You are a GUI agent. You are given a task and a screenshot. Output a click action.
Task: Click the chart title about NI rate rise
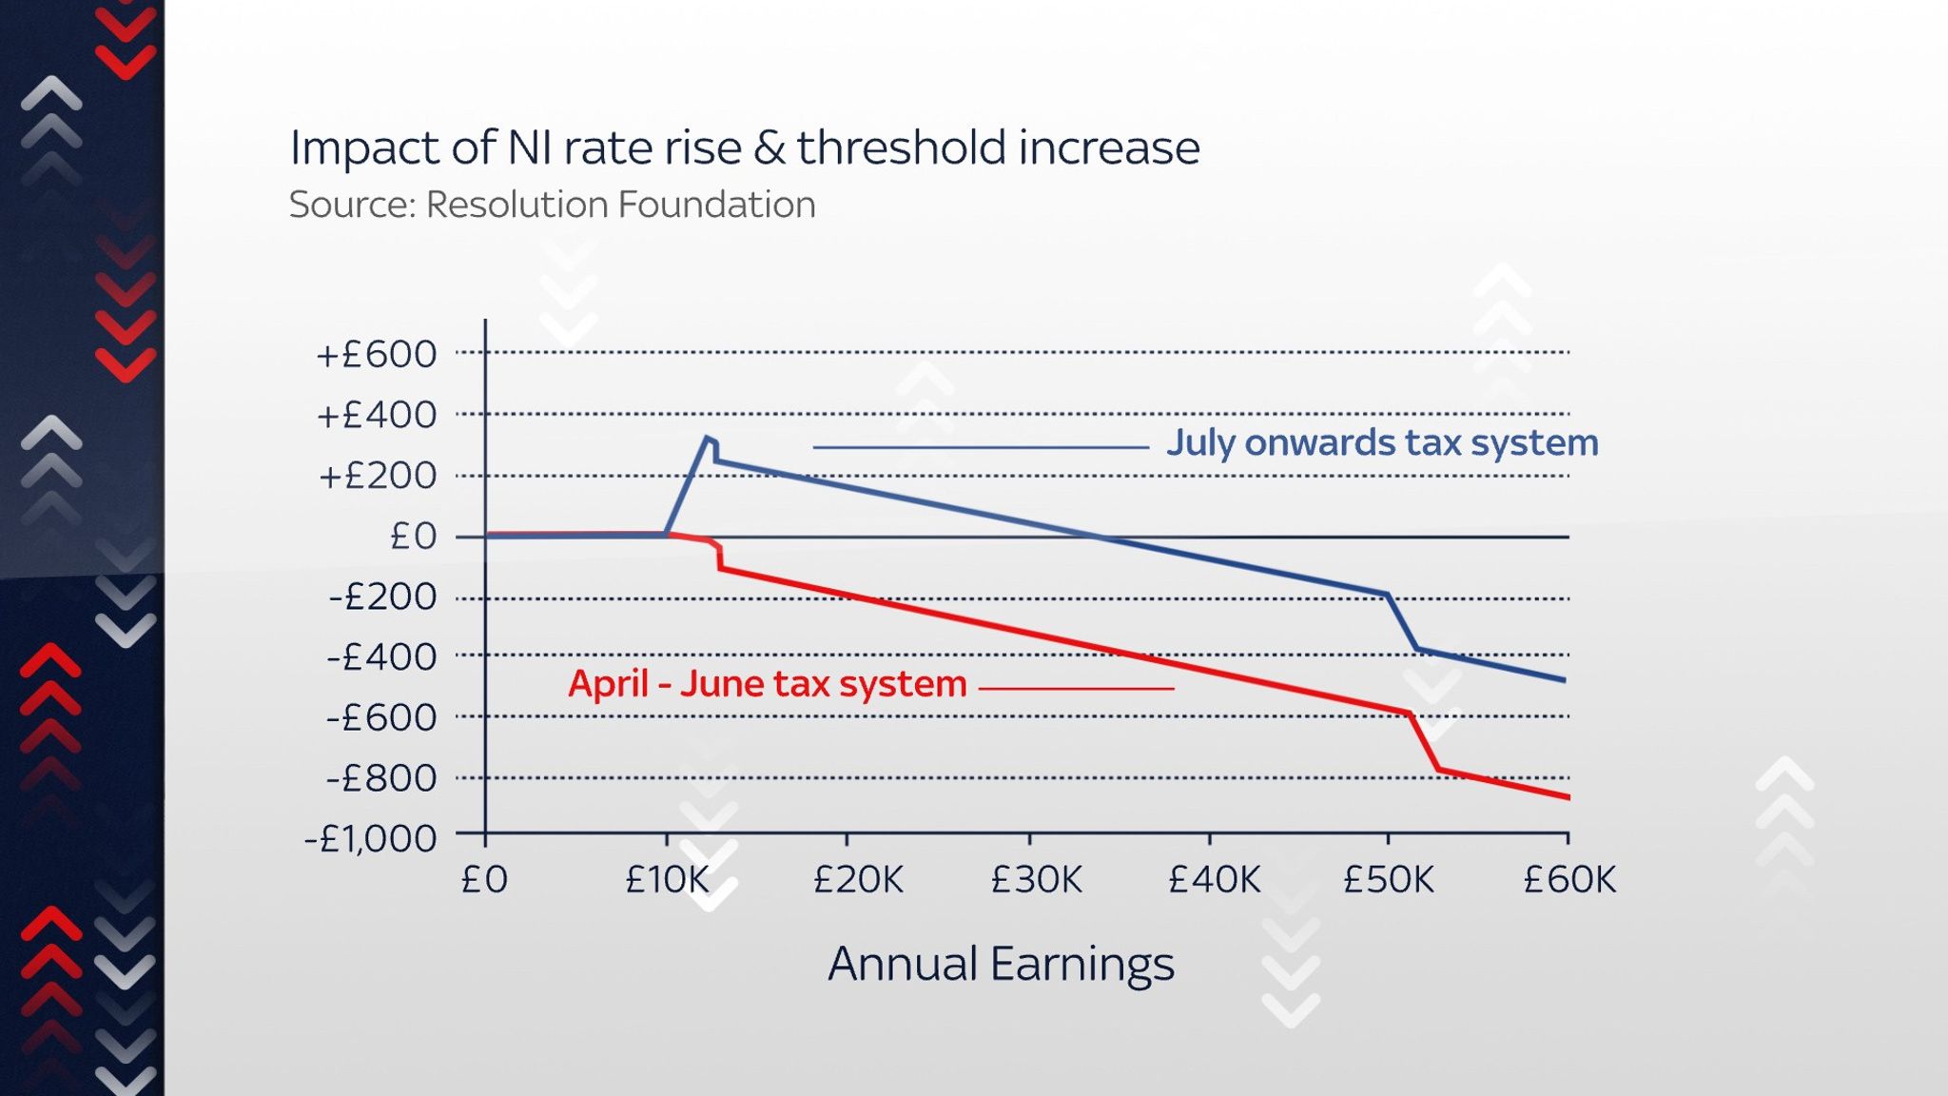click(744, 148)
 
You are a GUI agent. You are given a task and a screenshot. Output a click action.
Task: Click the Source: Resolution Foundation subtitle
click(552, 205)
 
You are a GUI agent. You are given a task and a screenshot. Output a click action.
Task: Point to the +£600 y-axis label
click(377, 355)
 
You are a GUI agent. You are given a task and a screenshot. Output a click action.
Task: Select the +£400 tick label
click(377, 416)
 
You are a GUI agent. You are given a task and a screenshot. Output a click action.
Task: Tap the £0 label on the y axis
click(413, 537)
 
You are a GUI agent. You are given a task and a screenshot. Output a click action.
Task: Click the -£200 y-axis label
click(382, 597)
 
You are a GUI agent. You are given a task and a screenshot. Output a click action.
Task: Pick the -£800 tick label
click(381, 779)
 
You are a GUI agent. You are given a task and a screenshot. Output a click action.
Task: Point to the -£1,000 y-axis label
click(370, 839)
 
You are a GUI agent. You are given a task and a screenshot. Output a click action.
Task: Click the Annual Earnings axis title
click(1001, 964)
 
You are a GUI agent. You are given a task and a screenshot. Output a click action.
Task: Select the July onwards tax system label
click(1381, 443)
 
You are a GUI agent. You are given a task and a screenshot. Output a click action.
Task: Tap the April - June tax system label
click(767, 684)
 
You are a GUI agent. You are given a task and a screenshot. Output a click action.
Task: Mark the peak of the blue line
click(707, 438)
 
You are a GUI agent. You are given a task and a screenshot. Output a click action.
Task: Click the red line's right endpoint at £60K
click(1568, 797)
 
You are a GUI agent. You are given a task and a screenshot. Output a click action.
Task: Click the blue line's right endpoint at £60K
click(1565, 680)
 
